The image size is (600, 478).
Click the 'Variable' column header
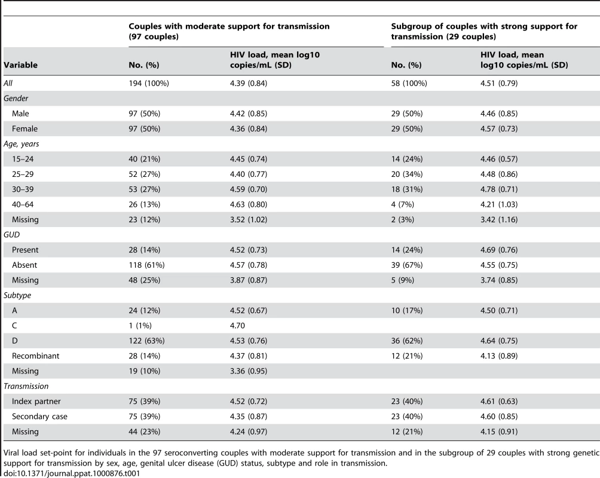click(21, 65)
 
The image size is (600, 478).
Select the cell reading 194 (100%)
click(149, 83)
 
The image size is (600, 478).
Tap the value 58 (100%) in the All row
click(409, 83)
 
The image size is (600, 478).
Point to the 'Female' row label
click(25, 128)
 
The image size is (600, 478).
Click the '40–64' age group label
click(23, 204)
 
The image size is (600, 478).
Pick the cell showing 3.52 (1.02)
click(249, 220)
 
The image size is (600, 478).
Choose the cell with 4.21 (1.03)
click(499, 204)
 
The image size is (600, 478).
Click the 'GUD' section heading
click(11, 235)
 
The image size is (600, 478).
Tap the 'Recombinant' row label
click(36, 356)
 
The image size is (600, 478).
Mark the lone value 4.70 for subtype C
click(237, 326)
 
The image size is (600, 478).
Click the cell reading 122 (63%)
click(146, 341)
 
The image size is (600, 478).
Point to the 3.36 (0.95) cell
click(249, 371)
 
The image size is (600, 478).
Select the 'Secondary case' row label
click(39, 416)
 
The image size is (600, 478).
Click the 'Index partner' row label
click(36, 401)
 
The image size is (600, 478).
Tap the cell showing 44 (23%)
click(144, 431)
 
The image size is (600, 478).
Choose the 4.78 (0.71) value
click(499, 189)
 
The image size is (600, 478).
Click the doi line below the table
click(72, 473)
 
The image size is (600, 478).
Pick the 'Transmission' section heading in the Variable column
click(26, 386)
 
